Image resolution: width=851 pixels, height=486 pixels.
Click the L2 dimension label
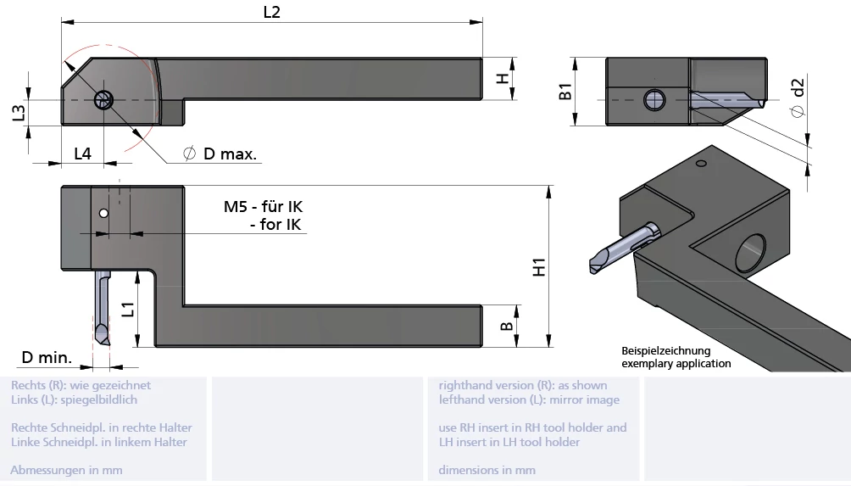point(272,12)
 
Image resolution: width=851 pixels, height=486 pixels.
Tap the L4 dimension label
point(82,154)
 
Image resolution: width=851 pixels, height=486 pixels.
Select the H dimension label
point(503,79)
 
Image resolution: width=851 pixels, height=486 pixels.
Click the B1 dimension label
point(566,92)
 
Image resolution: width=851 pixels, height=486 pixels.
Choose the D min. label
point(47,358)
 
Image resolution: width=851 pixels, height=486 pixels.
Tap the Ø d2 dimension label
point(797,98)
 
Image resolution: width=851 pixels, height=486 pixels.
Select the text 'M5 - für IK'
point(263,207)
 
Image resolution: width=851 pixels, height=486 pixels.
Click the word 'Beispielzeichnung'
point(665,350)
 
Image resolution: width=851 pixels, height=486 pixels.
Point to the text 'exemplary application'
point(676,363)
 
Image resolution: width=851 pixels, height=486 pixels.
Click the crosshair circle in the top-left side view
point(104,100)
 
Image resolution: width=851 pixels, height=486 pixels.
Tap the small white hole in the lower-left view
point(103,214)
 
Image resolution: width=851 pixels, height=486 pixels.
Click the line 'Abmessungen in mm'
point(66,470)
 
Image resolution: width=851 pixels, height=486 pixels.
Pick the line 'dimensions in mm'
point(487,470)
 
